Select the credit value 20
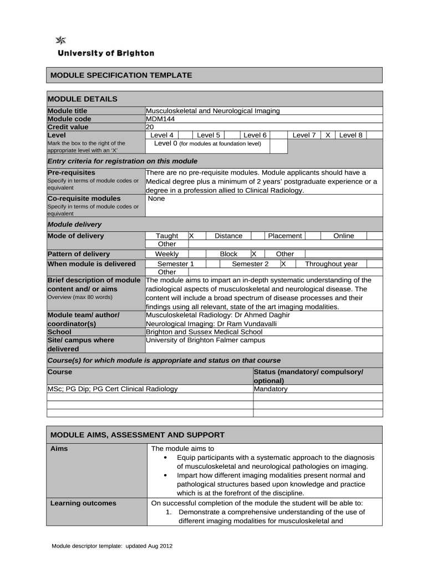tap(150, 126)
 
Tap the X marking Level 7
tap(328, 135)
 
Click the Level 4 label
tap(162, 135)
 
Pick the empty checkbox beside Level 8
tap(374, 135)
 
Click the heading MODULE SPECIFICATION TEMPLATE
tap(121, 75)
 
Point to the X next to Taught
tap(191, 236)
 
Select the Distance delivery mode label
tap(228, 236)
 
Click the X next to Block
tap(253, 253)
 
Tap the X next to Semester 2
tap(283, 264)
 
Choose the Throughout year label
tap(331, 264)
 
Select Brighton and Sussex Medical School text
tap(204, 332)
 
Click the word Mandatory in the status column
tap(271, 389)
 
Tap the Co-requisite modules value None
tap(156, 199)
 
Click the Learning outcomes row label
tap(83, 503)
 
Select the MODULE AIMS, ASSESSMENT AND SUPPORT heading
tap(138, 434)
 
